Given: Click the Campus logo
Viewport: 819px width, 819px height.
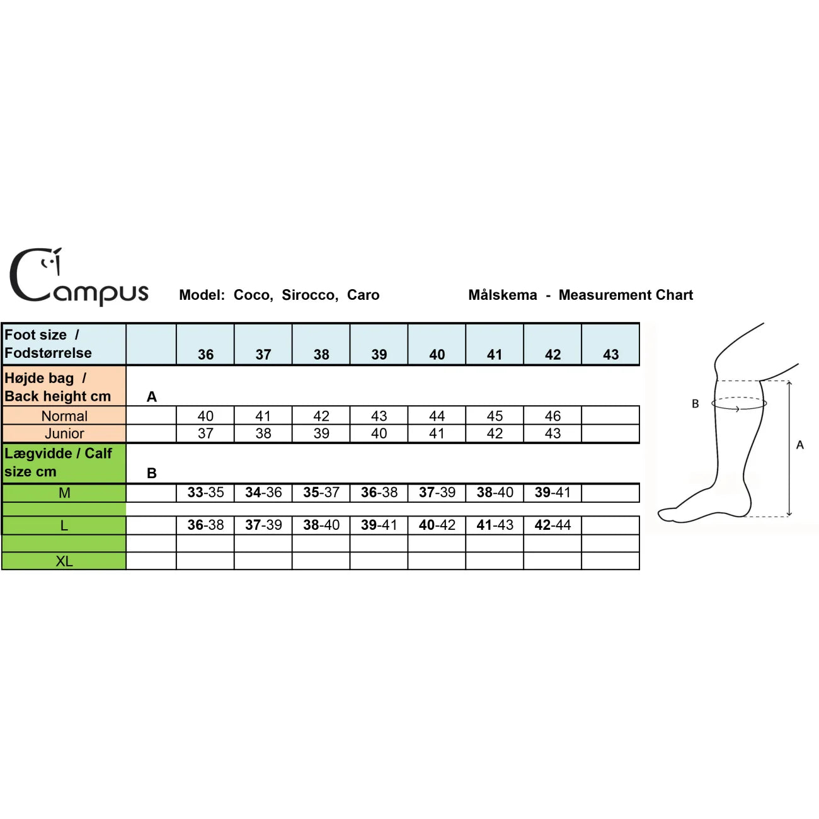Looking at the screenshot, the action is click(x=79, y=277).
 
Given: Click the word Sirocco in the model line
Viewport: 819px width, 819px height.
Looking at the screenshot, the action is click(x=310, y=295).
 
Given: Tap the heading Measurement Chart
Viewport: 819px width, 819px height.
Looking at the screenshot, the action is click(x=626, y=295).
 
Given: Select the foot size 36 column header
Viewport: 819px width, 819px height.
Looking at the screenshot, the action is click(x=205, y=355).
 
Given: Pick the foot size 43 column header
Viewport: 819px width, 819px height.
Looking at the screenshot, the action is click(x=610, y=355).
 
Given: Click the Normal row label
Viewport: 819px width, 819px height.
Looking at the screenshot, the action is click(x=64, y=416).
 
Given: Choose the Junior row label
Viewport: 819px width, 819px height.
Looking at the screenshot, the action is click(x=64, y=433).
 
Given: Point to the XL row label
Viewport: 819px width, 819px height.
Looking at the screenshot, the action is click(x=64, y=561).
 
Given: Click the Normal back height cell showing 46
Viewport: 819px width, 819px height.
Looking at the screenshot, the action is click(x=553, y=416).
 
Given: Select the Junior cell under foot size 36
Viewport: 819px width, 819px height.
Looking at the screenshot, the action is click(x=205, y=433).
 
